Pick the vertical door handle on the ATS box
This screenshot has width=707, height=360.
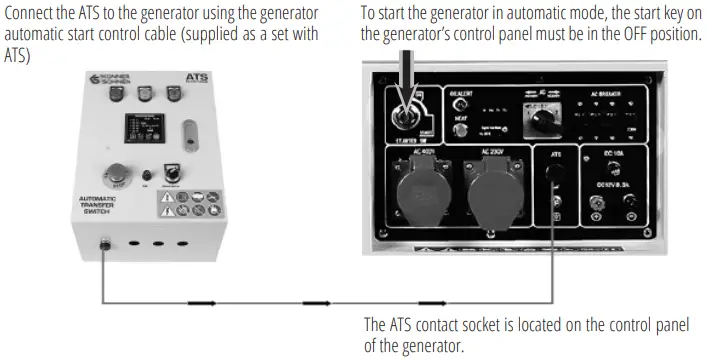coord(187,133)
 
